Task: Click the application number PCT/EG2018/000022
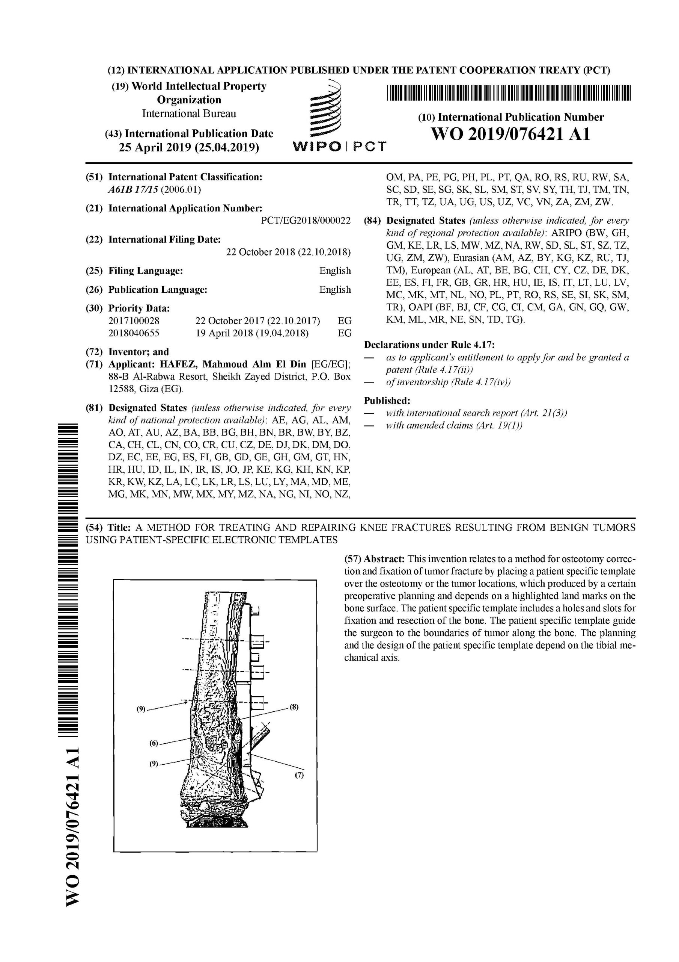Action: tap(306, 221)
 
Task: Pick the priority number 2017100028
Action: tap(134, 321)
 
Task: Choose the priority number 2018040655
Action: tap(134, 334)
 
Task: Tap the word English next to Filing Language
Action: tap(335, 271)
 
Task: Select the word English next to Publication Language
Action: tap(335, 289)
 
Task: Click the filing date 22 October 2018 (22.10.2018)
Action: tap(288, 252)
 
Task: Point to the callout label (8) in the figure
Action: tap(294, 707)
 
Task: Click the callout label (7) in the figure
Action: tap(298, 775)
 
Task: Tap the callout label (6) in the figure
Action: tap(154, 743)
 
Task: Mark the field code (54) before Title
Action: tap(94, 527)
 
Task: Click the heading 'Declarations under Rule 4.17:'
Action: tap(429, 345)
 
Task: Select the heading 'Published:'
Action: tap(387, 401)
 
